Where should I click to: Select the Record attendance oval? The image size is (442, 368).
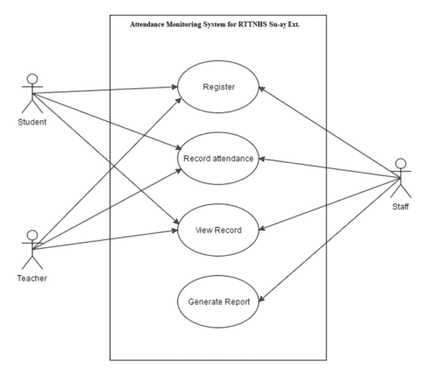click(x=219, y=159)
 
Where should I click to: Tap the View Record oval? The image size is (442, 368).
click(x=219, y=231)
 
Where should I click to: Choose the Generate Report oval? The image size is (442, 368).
click(x=219, y=302)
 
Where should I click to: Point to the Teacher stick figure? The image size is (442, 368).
click(x=32, y=250)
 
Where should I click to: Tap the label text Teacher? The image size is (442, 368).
click(x=32, y=278)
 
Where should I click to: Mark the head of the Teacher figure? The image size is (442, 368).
click(x=32, y=235)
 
